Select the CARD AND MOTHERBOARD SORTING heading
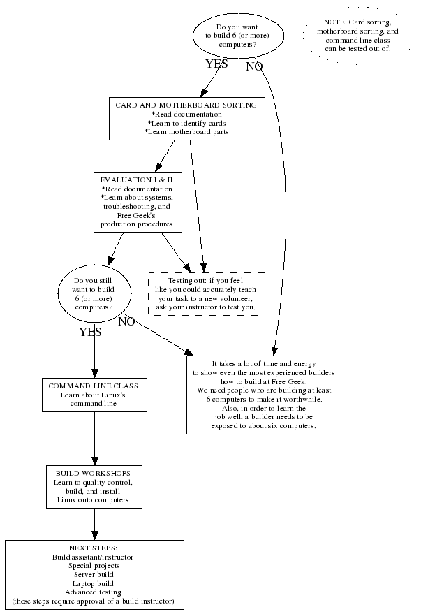pos(186,105)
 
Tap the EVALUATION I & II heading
pos(137,180)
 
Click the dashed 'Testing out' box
pos(206,293)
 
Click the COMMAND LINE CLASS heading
pos(93,386)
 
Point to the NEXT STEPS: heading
pos(94,548)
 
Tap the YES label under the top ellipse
pos(217,64)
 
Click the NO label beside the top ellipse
pos(254,67)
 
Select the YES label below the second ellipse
pos(90,332)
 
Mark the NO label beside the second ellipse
pos(127,322)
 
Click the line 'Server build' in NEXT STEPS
pos(94,574)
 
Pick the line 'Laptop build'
pos(94,583)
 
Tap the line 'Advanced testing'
pos(94,592)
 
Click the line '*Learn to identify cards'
pos(186,123)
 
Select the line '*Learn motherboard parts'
pos(186,132)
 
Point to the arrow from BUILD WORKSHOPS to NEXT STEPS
pos(94,524)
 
